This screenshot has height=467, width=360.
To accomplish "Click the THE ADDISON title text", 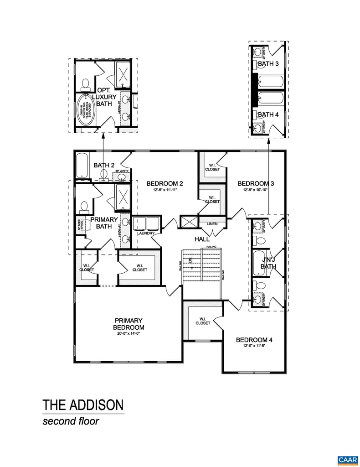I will point(83,405).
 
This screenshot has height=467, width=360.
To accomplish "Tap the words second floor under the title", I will point(71,420).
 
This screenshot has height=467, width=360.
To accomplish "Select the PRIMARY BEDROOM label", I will point(129,324).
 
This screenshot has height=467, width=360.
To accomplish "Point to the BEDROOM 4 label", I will point(254,340).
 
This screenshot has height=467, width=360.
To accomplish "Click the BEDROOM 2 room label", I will point(165,184).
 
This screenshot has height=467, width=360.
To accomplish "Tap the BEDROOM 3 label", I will point(256,184).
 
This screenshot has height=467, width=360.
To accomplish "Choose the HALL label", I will point(201,239).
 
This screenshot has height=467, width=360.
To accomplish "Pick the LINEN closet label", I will point(212,224).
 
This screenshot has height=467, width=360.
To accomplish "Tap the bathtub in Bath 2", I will point(82,166).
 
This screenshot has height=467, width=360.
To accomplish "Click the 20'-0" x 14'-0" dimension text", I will point(129,333).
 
